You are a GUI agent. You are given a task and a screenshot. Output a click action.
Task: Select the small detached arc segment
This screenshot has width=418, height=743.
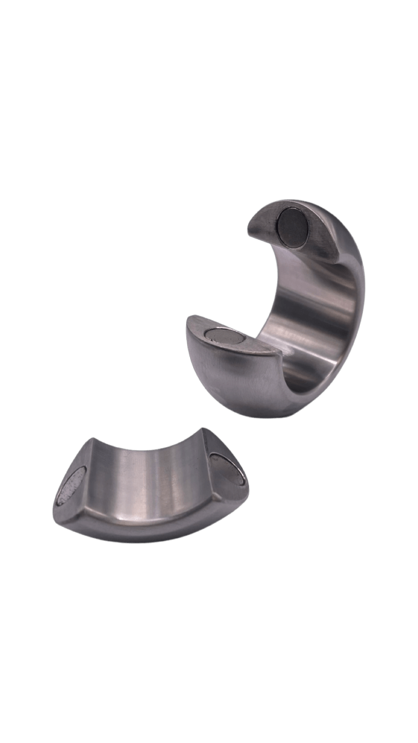(x=149, y=489)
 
